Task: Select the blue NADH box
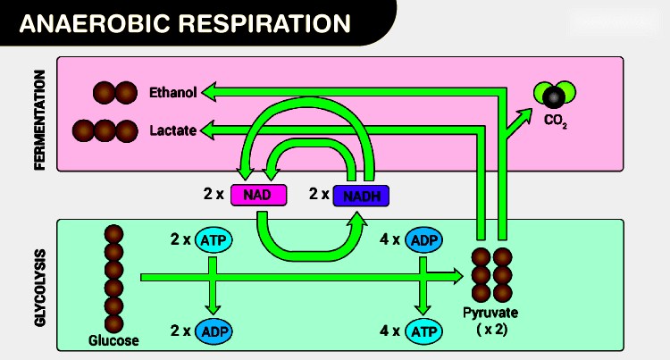click(x=362, y=195)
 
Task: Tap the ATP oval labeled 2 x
click(x=213, y=239)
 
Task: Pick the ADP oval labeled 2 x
click(x=213, y=331)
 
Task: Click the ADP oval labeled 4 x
click(x=424, y=239)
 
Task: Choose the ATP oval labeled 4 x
click(x=424, y=331)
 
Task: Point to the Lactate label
click(x=172, y=131)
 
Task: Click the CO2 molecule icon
click(x=555, y=94)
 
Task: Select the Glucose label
click(x=113, y=340)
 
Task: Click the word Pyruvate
click(x=490, y=313)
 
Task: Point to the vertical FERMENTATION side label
click(x=39, y=114)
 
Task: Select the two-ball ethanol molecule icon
click(x=115, y=92)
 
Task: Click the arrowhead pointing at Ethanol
click(x=209, y=91)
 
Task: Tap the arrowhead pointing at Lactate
click(x=209, y=131)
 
